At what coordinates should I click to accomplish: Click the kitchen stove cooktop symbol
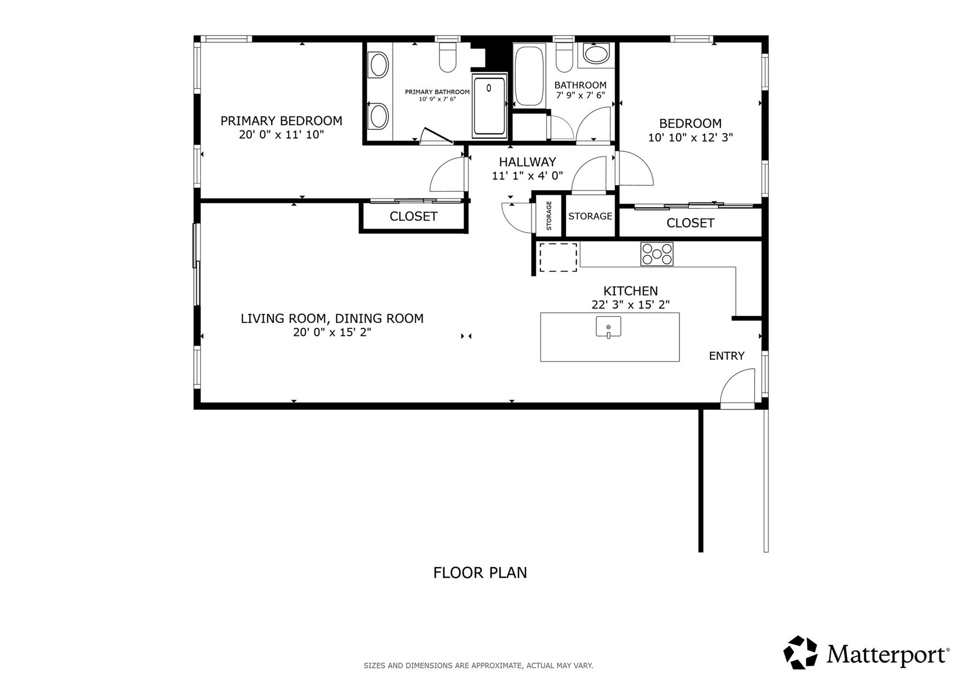coord(657,254)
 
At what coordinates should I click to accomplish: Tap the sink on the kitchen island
coord(608,327)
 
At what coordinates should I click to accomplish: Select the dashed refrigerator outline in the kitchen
coord(558,257)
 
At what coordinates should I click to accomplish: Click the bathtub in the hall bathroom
coord(529,76)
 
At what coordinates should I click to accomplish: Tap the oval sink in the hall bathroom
coord(596,54)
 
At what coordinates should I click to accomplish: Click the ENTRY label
coord(727,356)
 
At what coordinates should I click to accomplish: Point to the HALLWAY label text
coord(527,162)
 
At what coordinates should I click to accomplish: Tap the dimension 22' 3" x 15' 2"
coord(630,305)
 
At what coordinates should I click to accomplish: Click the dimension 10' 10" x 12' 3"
coord(690,138)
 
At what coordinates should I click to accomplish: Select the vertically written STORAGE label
coord(548,216)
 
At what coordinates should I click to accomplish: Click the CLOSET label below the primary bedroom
coord(413,216)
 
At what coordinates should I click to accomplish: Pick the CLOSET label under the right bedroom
coord(690,223)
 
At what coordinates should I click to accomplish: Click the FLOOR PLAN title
coord(480,573)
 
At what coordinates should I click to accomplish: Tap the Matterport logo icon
coord(800,652)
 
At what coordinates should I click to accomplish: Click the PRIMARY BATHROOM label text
coord(437,92)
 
